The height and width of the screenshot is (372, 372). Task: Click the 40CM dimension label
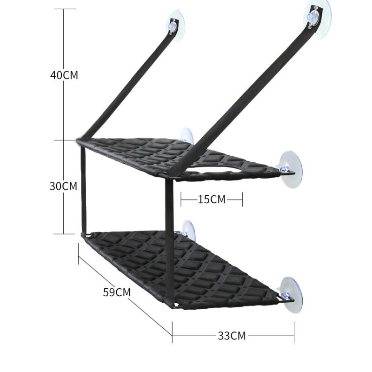coord(64,75)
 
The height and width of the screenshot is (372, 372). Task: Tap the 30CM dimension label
coord(63,186)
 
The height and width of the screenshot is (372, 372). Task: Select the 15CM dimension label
coord(212,199)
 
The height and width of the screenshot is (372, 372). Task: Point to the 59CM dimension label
coord(117,292)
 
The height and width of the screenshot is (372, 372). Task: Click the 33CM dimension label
coord(232,336)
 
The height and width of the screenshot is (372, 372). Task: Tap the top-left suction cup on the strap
coord(176,25)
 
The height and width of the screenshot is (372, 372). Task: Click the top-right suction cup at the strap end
coord(319,19)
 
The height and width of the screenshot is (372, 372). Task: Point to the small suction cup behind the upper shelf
coord(186,136)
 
